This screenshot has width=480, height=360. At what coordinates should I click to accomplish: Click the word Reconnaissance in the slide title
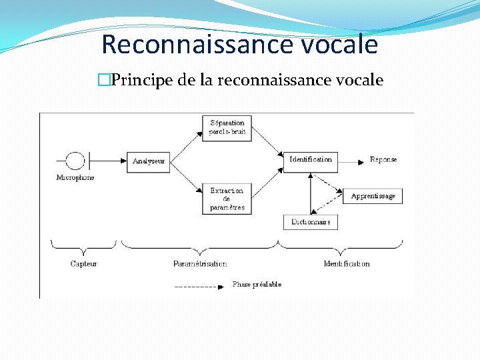click(x=184, y=45)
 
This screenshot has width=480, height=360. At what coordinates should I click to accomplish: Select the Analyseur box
click(x=148, y=161)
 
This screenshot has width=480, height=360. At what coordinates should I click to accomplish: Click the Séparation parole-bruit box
click(x=227, y=127)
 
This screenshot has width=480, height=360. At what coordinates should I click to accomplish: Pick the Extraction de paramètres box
click(x=227, y=199)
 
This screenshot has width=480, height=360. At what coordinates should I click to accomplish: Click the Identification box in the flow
click(x=311, y=161)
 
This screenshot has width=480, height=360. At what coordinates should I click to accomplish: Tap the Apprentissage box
click(x=373, y=196)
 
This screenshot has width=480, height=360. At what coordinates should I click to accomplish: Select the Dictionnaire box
click(x=310, y=221)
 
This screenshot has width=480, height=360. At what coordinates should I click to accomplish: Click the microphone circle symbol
click(x=75, y=161)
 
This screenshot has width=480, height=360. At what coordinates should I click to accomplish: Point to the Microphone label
click(x=75, y=178)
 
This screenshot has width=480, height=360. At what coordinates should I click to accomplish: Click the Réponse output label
click(x=383, y=160)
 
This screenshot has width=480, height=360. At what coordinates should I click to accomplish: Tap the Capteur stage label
click(x=84, y=264)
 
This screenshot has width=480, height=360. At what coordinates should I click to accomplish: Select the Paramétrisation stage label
click(x=200, y=264)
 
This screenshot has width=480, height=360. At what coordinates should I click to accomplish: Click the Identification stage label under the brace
click(x=347, y=264)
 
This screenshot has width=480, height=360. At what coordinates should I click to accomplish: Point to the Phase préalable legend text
click(x=257, y=285)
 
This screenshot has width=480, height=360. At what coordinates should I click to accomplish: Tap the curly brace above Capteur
click(x=84, y=245)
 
